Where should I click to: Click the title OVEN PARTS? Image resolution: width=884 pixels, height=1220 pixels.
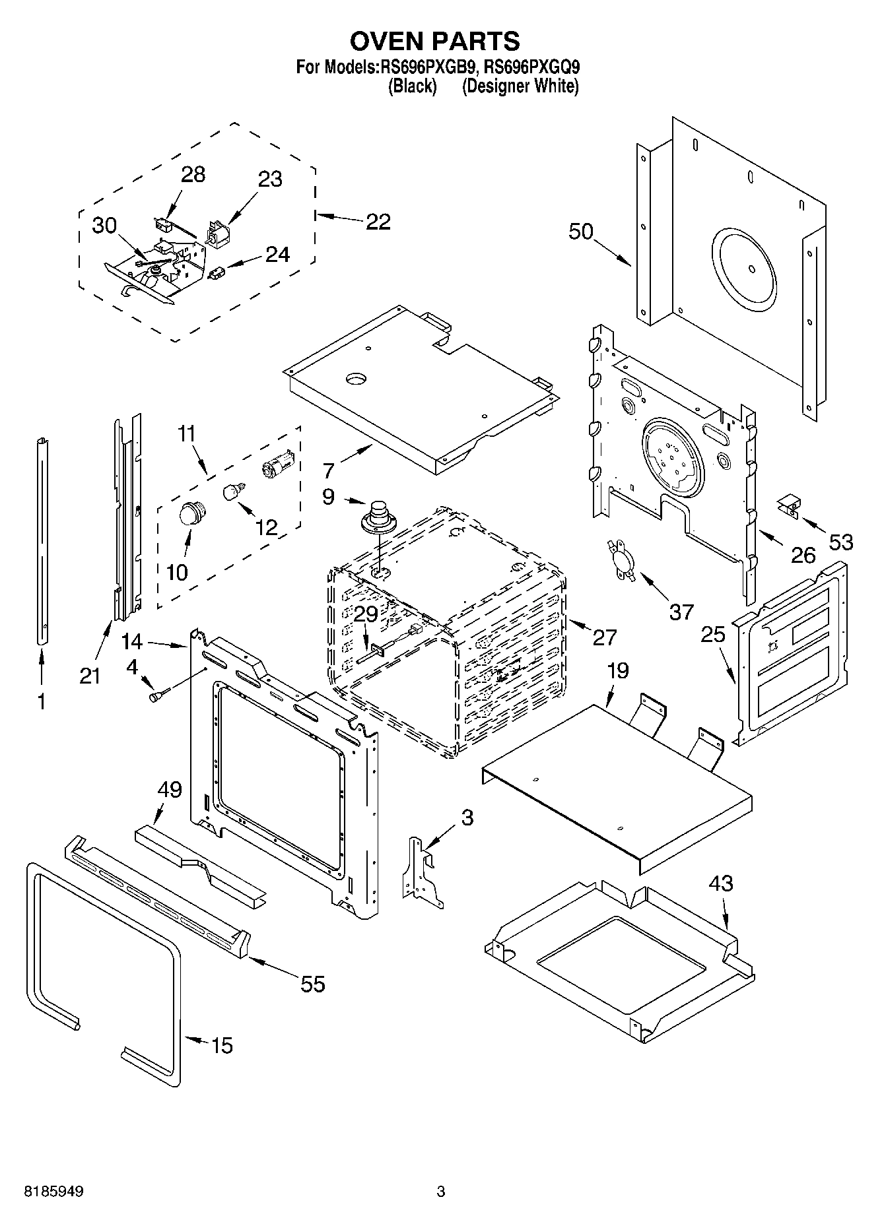(434, 41)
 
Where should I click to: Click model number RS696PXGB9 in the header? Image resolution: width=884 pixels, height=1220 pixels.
(425, 67)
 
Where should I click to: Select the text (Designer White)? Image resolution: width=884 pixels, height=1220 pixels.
(520, 86)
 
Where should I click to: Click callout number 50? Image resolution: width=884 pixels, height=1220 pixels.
(580, 232)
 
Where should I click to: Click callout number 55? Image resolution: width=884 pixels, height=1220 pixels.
(312, 984)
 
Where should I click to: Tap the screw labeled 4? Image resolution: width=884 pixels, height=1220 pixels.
(158, 695)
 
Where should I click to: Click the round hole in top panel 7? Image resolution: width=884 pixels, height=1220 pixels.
(356, 378)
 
